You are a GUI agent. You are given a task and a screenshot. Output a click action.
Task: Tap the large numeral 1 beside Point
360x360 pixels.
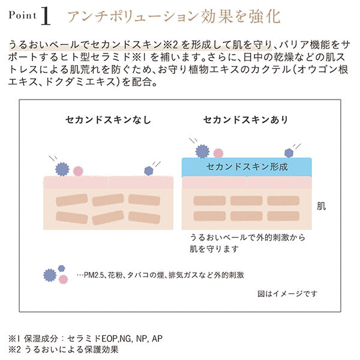coord(46,17)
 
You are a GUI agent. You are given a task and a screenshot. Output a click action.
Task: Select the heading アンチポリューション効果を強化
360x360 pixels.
coord(173,16)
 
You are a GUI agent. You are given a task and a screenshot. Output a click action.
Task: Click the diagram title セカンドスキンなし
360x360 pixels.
coord(109,119)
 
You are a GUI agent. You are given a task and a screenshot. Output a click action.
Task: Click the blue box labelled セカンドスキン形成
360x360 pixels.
coord(247,166)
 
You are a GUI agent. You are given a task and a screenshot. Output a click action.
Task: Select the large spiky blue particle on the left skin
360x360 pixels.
coord(62,168)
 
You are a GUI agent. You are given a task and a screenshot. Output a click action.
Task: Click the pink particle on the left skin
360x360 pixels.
coord(77,171)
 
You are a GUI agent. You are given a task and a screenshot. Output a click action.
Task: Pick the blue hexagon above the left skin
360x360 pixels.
coord(149,171)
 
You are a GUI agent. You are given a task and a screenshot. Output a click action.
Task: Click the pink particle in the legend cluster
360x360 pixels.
coord(64,279)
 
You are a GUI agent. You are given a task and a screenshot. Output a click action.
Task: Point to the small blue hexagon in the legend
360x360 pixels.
coord(61,268)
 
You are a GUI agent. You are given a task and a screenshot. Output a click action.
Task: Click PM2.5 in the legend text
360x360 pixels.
coord(94,275)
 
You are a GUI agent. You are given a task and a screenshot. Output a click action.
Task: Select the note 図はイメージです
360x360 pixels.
coord(287,293)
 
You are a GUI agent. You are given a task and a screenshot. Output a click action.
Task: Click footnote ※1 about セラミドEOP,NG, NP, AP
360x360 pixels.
coord(85,338)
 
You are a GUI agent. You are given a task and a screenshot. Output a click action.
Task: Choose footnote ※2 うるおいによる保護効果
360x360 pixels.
coord(64,349)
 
